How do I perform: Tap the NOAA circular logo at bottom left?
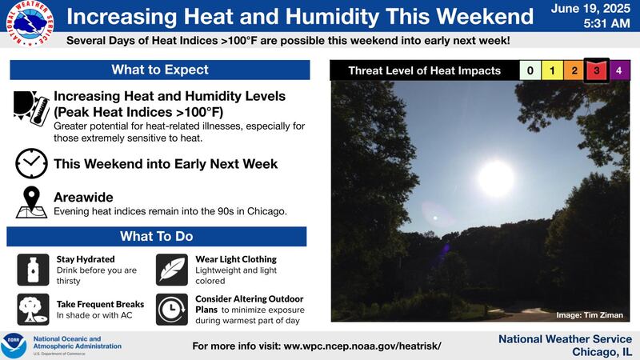[x=14, y=346]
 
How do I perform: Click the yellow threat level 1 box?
[x=552, y=71]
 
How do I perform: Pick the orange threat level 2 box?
[x=574, y=71]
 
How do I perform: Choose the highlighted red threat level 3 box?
[x=597, y=71]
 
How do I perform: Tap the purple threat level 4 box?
[x=620, y=71]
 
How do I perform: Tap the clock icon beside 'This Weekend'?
[x=30, y=164]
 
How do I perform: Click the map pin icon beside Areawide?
[x=30, y=202]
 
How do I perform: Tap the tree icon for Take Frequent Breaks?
[x=33, y=309]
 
